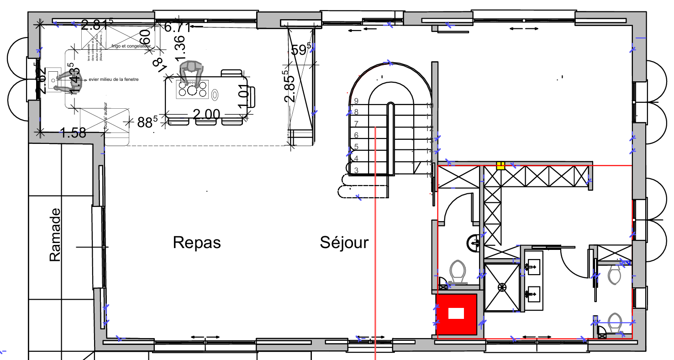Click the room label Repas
coord(197,243)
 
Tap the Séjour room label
coord(344,243)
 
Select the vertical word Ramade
coord(55,235)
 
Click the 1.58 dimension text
coord(73,133)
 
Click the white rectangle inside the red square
coord(456,313)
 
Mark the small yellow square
coord(500,166)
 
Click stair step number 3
coord(356,170)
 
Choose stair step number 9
coord(356,101)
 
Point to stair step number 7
coord(356,124)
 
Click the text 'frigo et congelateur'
coord(131,46)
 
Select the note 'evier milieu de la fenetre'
coord(113,79)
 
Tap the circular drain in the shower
coord(502,287)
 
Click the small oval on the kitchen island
coord(215,94)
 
